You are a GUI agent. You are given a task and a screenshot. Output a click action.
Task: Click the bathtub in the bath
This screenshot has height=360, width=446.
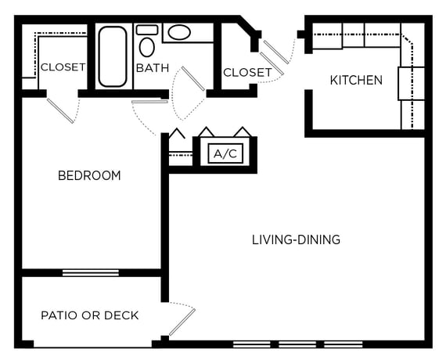pyautogui.click(x=113, y=56)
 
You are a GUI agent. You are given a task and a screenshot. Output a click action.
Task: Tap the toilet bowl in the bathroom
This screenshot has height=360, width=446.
pyautogui.click(x=147, y=47)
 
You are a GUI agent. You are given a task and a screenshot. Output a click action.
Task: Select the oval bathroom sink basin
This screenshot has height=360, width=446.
pyautogui.click(x=179, y=32)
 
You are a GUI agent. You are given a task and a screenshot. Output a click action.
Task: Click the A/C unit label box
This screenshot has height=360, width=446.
pyautogui.click(x=225, y=153)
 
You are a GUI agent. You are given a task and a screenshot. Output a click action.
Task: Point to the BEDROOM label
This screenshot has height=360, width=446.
pyautogui.click(x=89, y=175)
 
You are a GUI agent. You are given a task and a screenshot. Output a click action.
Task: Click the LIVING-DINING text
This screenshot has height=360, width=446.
pyautogui.click(x=296, y=239)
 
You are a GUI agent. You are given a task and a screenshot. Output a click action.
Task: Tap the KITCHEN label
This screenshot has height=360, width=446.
pyautogui.click(x=356, y=81)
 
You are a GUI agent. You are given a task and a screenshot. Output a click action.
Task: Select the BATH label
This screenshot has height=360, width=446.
pyautogui.click(x=153, y=68)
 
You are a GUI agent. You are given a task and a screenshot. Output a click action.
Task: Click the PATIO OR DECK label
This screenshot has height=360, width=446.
pyautogui.click(x=90, y=315)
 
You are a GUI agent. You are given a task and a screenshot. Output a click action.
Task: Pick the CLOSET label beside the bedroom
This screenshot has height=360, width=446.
pyautogui.click(x=63, y=67)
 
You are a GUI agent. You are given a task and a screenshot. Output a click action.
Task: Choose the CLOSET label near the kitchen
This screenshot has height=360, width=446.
pyautogui.click(x=247, y=73)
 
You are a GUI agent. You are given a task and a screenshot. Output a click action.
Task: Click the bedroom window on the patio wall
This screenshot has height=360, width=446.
pyautogui.click(x=91, y=272)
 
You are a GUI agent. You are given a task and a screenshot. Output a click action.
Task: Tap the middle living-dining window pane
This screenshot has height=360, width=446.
pyautogui.click(x=297, y=344)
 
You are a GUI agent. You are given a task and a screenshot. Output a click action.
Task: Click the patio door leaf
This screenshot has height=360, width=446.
pyautogui.click(x=182, y=322)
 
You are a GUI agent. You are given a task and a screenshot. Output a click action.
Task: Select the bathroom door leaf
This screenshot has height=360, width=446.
pyautogui.click(x=193, y=78)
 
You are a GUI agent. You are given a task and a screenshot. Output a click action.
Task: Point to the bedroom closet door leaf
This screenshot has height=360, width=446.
pyautogui.click(x=60, y=110)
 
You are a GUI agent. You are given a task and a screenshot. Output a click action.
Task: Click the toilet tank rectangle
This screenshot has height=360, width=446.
pyautogui.click(x=147, y=30)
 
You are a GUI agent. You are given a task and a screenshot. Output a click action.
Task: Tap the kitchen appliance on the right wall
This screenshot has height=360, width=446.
pyautogui.click(x=411, y=84)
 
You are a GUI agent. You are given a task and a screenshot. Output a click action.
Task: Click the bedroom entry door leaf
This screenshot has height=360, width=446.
pyautogui.click(x=149, y=101)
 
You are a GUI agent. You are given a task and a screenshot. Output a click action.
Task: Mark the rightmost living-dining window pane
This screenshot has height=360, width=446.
pyautogui.click(x=343, y=344)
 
